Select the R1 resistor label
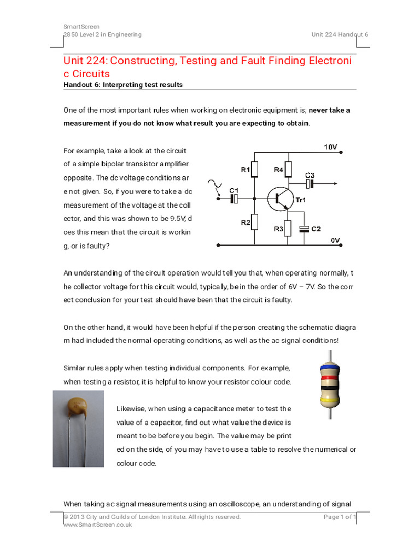click(x=246, y=170)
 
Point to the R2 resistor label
click(x=246, y=223)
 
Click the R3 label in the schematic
click(x=278, y=229)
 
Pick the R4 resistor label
click(x=278, y=170)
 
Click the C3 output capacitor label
click(x=310, y=175)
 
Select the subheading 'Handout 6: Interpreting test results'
click(x=123, y=85)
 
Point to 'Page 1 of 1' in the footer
click(x=340, y=517)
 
